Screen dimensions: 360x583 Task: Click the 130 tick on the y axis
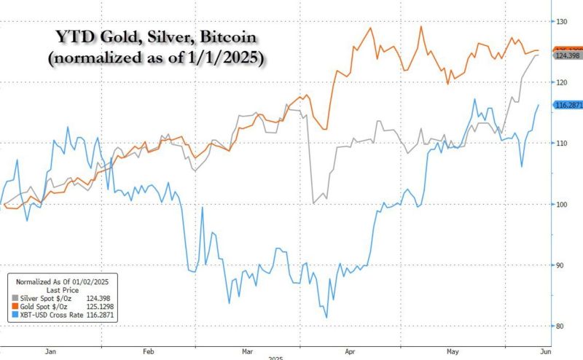[x=561, y=22]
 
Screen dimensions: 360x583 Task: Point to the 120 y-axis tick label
[x=561, y=82]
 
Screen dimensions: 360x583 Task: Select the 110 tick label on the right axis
[x=561, y=144]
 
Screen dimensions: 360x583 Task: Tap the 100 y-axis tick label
[x=561, y=204]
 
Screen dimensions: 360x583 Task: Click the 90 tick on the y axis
[x=561, y=265]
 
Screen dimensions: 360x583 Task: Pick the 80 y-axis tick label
[x=561, y=326]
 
